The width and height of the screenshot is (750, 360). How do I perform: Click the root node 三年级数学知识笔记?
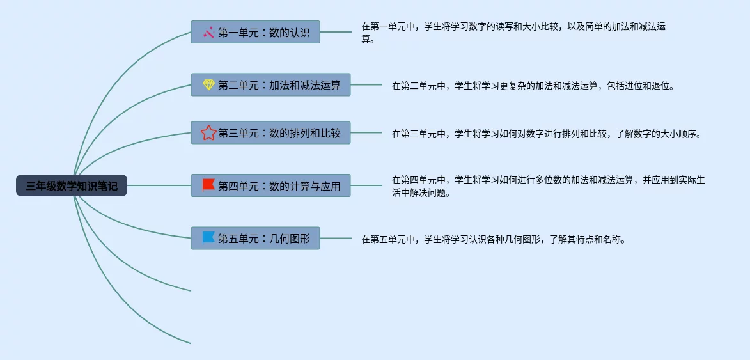[x=72, y=186]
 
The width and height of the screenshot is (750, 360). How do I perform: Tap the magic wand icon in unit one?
[x=208, y=33]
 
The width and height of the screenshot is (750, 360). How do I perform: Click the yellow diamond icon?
[x=208, y=85]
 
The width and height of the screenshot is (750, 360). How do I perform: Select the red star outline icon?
[x=208, y=133]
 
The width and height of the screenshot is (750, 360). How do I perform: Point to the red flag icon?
[x=208, y=185]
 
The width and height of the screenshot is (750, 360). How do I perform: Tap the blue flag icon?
[x=208, y=238]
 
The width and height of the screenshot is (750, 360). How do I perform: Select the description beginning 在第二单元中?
[x=533, y=86]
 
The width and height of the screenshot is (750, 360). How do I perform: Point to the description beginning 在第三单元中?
[x=547, y=134]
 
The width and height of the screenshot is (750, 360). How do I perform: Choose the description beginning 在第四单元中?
[x=548, y=186]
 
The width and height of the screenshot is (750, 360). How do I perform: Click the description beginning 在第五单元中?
[x=492, y=240]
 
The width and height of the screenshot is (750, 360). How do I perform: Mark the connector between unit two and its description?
[x=366, y=85]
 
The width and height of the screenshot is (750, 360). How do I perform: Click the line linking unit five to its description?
[x=336, y=239]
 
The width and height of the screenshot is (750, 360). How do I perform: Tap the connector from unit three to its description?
[x=366, y=133]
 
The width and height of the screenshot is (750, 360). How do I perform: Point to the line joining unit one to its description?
[x=336, y=32]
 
